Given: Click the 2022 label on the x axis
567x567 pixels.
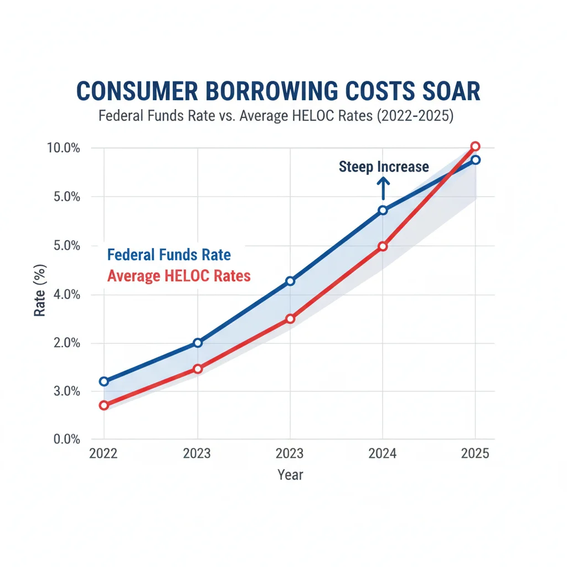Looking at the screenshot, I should pos(104,453).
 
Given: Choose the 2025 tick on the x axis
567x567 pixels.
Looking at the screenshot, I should pos(475,453).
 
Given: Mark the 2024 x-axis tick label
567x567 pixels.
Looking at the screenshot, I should pos(382,453).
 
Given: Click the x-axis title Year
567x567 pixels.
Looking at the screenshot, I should pos(290,475).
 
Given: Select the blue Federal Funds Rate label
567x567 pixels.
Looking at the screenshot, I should pos(169,255).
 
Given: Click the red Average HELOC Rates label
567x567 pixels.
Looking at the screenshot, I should pos(179,275).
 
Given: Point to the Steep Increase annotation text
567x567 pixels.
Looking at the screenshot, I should pos(384,167).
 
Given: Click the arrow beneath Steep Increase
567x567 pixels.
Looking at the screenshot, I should pos(383,188).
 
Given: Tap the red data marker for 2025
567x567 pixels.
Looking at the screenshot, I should pos(475,146).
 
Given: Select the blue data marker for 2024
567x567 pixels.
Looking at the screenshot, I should pos(383,210).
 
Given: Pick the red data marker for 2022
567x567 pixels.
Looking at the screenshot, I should pos(104,405).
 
